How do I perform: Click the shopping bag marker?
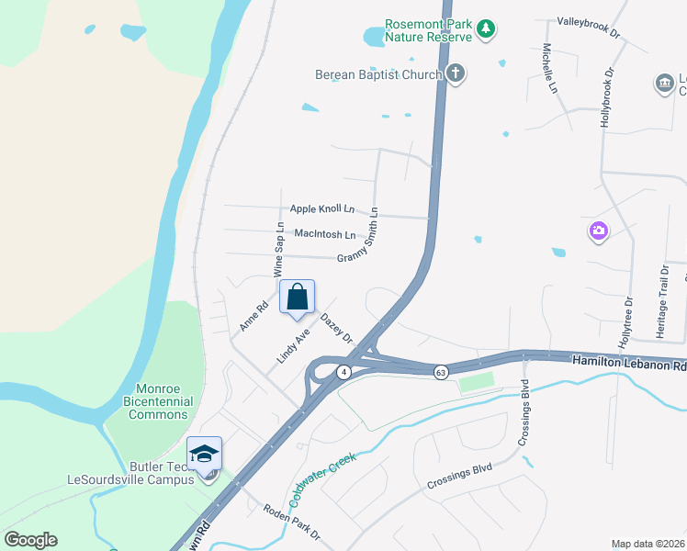(297, 298)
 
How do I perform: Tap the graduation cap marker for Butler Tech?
(205, 455)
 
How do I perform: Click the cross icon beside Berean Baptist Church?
(456, 73)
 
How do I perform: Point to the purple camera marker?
(599, 231)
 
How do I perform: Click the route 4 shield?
(343, 372)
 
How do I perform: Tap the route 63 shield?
(442, 372)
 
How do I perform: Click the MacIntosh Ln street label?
(324, 234)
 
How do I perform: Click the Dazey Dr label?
(337, 328)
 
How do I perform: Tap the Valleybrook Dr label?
(590, 26)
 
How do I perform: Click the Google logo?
(31, 539)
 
